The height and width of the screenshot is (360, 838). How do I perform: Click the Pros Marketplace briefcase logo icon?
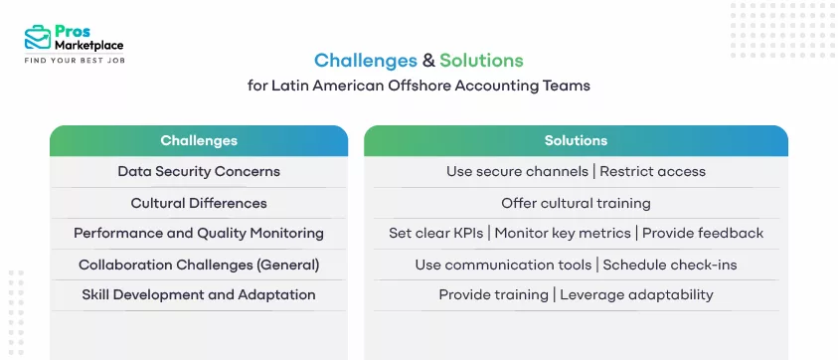click(x=39, y=38)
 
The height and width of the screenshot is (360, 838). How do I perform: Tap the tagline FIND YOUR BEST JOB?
click(x=75, y=61)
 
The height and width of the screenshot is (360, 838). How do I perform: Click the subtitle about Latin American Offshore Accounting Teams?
click(x=419, y=86)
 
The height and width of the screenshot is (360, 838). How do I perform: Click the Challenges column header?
click(x=199, y=140)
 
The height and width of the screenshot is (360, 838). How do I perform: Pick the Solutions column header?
click(x=576, y=140)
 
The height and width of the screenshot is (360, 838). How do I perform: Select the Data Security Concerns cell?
click(x=199, y=171)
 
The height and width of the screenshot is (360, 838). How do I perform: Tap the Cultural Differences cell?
click(x=199, y=203)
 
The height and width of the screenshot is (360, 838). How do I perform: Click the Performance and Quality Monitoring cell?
click(x=199, y=233)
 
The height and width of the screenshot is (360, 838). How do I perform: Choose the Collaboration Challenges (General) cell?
click(x=199, y=265)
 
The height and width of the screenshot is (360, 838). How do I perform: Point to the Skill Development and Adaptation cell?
click(x=199, y=294)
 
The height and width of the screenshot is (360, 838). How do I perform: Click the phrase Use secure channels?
click(x=516, y=171)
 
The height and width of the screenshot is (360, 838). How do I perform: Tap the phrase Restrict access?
click(x=652, y=171)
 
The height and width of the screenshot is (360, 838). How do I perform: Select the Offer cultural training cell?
click(x=576, y=203)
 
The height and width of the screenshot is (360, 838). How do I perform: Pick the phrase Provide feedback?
click(x=703, y=233)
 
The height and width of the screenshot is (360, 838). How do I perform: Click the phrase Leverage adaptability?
click(x=636, y=294)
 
